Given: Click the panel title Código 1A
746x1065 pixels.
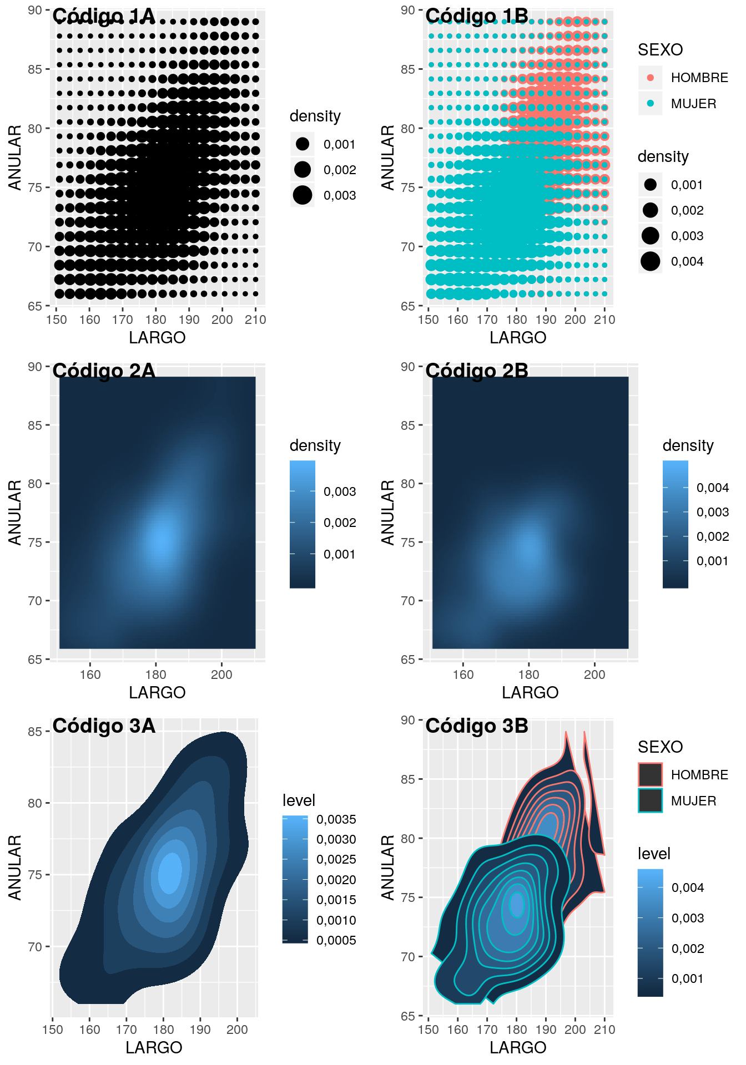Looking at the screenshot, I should [104, 17].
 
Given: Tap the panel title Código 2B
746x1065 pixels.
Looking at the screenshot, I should [477, 371].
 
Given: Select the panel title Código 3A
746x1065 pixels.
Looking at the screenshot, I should [104, 726].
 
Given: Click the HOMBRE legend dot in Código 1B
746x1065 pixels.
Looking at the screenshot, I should [651, 78].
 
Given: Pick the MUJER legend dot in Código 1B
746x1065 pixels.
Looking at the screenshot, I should [651, 103].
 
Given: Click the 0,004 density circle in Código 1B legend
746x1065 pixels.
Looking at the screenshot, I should [651, 261].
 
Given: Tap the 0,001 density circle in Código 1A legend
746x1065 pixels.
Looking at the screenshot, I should [303, 144].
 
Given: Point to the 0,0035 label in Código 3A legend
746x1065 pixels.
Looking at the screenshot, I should [336, 819].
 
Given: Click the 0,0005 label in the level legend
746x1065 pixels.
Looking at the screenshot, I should [336, 940].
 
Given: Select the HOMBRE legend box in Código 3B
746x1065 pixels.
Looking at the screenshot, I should [651, 775].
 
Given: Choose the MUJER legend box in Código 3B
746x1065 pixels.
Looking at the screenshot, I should [651, 800].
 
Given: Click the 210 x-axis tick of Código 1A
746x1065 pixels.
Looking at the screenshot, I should [255, 319].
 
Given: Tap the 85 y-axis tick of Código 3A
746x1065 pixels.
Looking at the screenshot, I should [35, 732].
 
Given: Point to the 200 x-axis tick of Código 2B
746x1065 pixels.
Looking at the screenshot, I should [594, 674].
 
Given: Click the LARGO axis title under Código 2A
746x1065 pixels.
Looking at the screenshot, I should [157, 692].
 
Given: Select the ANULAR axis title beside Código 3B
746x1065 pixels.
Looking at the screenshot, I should [387, 867].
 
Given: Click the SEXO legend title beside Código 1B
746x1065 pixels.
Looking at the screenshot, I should [660, 50].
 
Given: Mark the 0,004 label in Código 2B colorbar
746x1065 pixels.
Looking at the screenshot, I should [713, 488].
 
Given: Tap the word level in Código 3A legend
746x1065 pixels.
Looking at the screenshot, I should [299, 800].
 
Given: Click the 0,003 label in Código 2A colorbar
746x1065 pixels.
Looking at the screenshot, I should [340, 491].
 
